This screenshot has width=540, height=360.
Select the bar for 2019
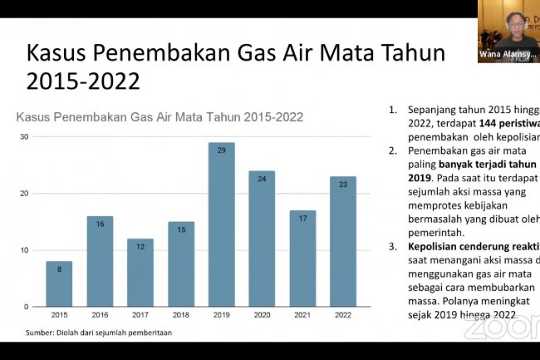(x=221, y=224)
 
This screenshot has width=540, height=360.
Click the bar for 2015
(x=59, y=284)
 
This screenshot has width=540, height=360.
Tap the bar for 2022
(x=342, y=241)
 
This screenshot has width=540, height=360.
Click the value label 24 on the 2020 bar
(x=262, y=178)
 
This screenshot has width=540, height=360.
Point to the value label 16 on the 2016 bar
(x=100, y=224)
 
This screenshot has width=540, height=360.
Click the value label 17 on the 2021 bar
(x=302, y=218)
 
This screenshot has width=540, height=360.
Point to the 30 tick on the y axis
(x=24, y=136)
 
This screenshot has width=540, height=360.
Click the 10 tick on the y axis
(x=24, y=250)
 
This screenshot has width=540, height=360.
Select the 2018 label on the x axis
(x=180, y=316)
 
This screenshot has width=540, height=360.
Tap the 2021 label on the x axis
(x=302, y=316)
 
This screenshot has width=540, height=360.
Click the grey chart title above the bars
(x=160, y=117)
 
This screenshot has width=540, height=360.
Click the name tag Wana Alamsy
(x=508, y=54)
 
